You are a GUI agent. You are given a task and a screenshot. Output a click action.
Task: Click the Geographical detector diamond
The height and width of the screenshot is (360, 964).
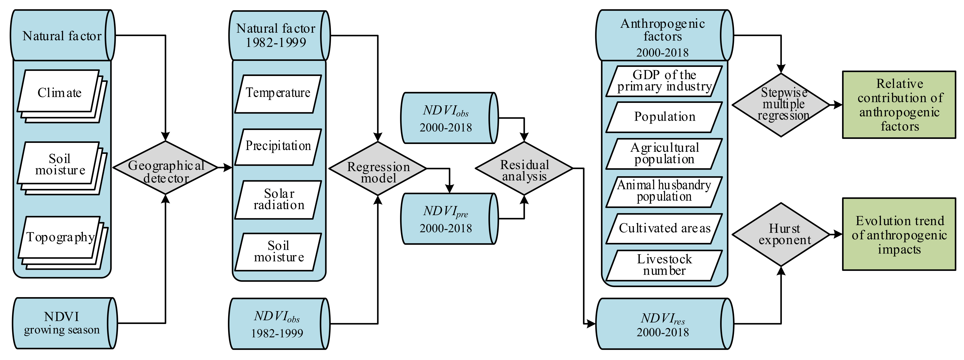click(165, 168)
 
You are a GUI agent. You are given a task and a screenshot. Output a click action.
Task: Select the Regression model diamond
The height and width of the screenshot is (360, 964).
click(378, 168)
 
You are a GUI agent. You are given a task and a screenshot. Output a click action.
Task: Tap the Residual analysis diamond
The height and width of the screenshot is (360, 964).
click(524, 168)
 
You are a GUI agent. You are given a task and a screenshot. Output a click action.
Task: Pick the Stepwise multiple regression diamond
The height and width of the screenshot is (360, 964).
click(781, 105)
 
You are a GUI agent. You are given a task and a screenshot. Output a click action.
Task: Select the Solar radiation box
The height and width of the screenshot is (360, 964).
click(278, 200)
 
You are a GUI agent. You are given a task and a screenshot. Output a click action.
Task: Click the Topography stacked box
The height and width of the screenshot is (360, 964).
click(60, 238)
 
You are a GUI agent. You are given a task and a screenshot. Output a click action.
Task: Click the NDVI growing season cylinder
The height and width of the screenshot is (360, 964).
click(62, 323)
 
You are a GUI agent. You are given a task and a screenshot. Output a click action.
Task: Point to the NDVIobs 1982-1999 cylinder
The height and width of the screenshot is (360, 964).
click(277, 324)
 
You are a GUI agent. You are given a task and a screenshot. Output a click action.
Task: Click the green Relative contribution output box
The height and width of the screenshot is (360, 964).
click(899, 105)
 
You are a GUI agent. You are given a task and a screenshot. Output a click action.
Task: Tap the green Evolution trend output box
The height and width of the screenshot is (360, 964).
click(899, 234)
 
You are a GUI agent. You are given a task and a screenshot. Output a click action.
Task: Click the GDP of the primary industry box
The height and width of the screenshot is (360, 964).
click(664, 81)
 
